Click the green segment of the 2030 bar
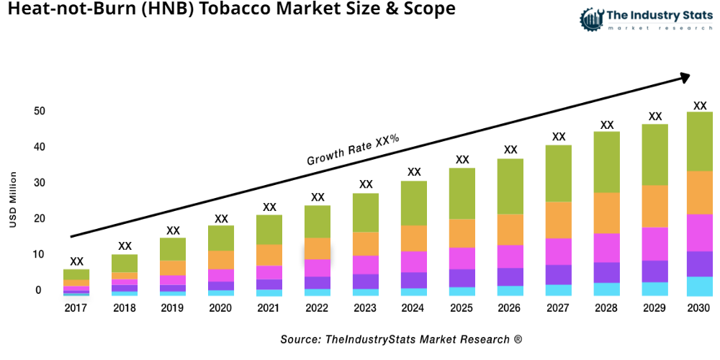(x=699, y=141)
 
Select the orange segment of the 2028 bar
(x=607, y=213)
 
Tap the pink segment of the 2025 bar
(x=462, y=258)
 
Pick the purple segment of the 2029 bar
(x=654, y=271)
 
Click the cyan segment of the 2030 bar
(x=699, y=286)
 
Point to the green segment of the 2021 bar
(x=269, y=230)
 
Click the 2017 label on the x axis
(x=76, y=308)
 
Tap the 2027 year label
(x=559, y=308)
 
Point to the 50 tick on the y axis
(x=39, y=112)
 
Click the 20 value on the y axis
(x=39, y=219)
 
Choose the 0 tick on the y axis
(x=39, y=291)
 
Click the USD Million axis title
(x=13, y=200)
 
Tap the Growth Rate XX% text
(x=353, y=150)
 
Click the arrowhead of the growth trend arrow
(x=684, y=77)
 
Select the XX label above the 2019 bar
(x=173, y=231)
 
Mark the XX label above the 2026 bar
(x=510, y=150)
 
